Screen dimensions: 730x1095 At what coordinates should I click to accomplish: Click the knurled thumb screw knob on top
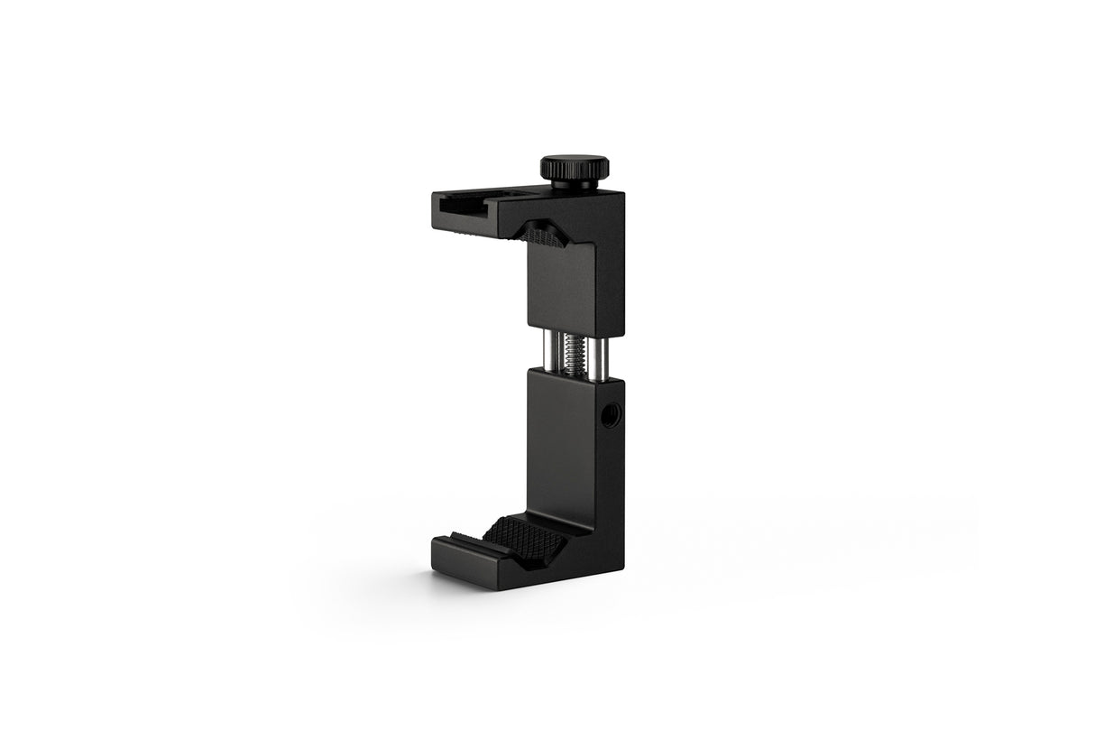pyautogui.click(x=574, y=169)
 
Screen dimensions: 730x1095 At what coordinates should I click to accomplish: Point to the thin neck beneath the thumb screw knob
pyautogui.click(x=574, y=185)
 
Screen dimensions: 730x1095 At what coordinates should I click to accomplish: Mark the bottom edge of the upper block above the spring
pyautogui.click(x=574, y=328)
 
